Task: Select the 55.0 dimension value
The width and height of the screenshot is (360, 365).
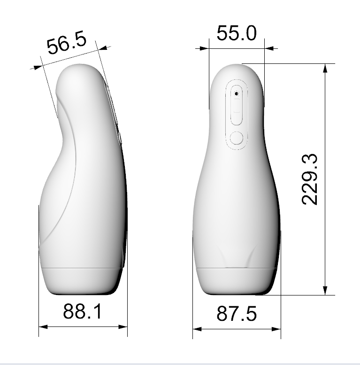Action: coord(237,33)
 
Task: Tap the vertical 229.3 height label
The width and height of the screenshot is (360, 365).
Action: coord(310,179)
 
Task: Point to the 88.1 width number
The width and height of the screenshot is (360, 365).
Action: coord(83,311)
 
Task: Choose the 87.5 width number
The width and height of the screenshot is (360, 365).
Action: coord(237,314)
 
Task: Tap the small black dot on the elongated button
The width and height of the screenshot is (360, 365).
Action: coord(237,93)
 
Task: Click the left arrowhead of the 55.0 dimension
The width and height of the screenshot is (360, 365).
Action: coord(205,48)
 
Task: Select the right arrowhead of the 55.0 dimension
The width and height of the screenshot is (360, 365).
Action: coord(268,48)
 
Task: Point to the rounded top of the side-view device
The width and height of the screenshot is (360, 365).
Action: coord(77,70)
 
